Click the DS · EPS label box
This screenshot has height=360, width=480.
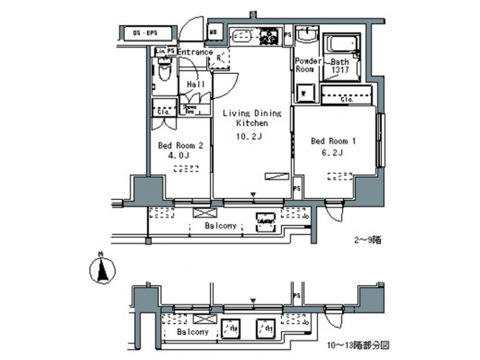pyautogui.click(x=149, y=32)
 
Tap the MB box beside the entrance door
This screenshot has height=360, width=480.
pyautogui.click(x=215, y=31)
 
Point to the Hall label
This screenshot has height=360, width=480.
pyautogui.click(x=195, y=85)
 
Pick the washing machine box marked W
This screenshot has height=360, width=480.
pyautogui.click(x=304, y=92)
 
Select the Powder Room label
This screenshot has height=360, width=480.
pyautogui.click(x=305, y=65)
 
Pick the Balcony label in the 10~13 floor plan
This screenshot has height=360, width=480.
pyautogui.click(x=193, y=331)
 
